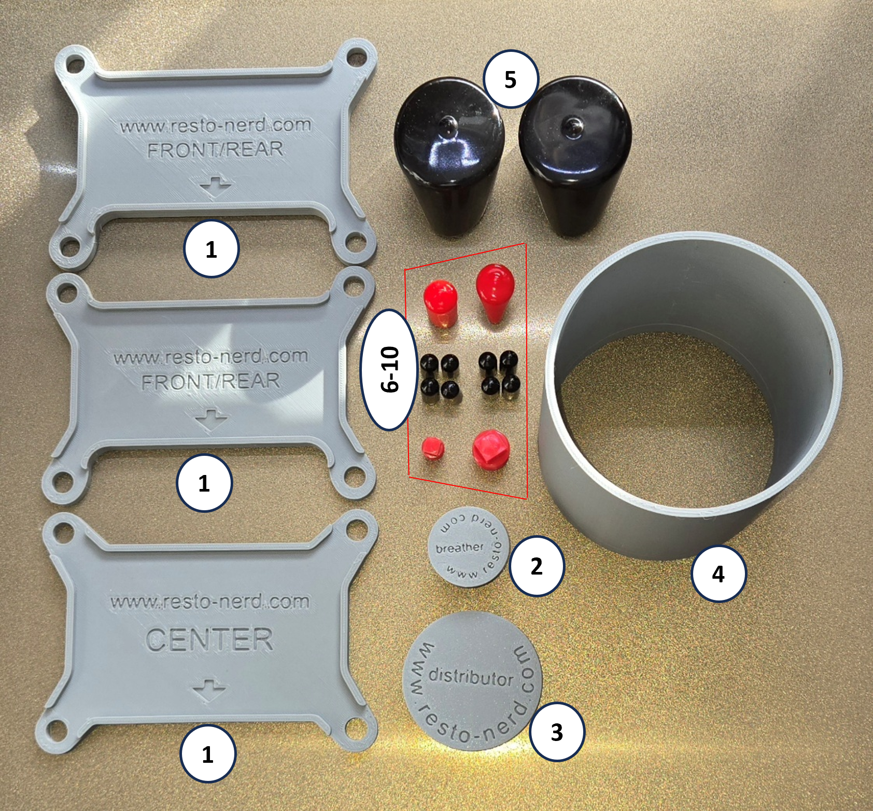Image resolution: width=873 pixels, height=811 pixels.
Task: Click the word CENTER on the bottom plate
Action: tap(209, 640)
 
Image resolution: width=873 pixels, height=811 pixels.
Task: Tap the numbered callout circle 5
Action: tap(511, 79)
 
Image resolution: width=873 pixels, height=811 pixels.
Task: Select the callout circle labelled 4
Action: tap(719, 574)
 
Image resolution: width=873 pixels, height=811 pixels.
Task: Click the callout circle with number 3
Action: tap(557, 732)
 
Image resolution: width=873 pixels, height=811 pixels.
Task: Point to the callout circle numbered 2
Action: tap(537, 566)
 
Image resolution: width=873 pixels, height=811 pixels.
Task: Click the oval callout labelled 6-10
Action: tap(389, 369)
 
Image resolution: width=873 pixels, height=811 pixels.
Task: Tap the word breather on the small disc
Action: tap(460, 548)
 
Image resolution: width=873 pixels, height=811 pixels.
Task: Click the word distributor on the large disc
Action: tap(471, 676)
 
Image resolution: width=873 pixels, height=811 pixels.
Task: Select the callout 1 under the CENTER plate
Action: tap(208, 753)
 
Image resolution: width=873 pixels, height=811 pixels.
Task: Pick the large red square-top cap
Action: tap(490, 449)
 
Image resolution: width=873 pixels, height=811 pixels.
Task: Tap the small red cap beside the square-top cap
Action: tap(432, 449)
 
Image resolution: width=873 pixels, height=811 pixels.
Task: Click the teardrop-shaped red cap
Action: tap(495, 293)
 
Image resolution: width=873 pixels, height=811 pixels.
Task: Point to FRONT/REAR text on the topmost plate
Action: tap(216, 150)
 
